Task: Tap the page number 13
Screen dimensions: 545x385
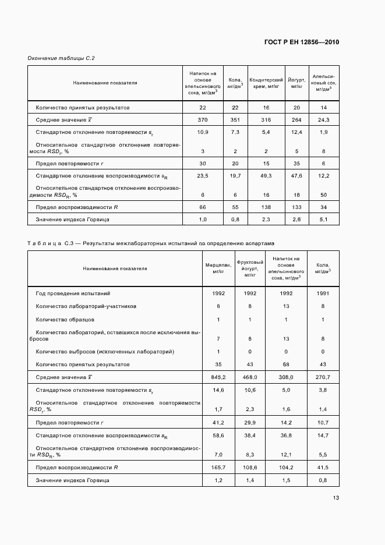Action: pyautogui.click(x=336, y=498)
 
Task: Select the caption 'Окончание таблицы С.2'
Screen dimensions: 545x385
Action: pyautogui.click(x=61, y=58)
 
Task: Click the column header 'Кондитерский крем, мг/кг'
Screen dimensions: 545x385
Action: pyautogui.click(x=266, y=83)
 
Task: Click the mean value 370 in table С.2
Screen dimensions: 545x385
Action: pyautogui.click(x=203, y=120)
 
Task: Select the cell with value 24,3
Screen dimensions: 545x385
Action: pyautogui.click(x=323, y=120)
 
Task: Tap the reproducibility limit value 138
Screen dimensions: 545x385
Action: pyautogui.click(x=266, y=207)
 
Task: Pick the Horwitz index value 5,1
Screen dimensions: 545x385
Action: pyautogui.click(x=323, y=220)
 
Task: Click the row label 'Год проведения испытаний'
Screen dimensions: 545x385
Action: pyautogui.click(x=73, y=294)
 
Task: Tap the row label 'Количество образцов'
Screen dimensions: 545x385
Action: pyautogui.click(x=65, y=320)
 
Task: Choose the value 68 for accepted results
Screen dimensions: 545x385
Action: pyautogui.click(x=286, y=364)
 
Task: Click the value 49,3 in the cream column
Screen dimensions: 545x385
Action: pyautogui.click(x=266, y=175)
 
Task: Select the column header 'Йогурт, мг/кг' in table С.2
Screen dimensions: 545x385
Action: pyautogui.click(x=296, y=83)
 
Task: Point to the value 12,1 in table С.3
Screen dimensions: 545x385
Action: pyautogui.click(x=286, y=454)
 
